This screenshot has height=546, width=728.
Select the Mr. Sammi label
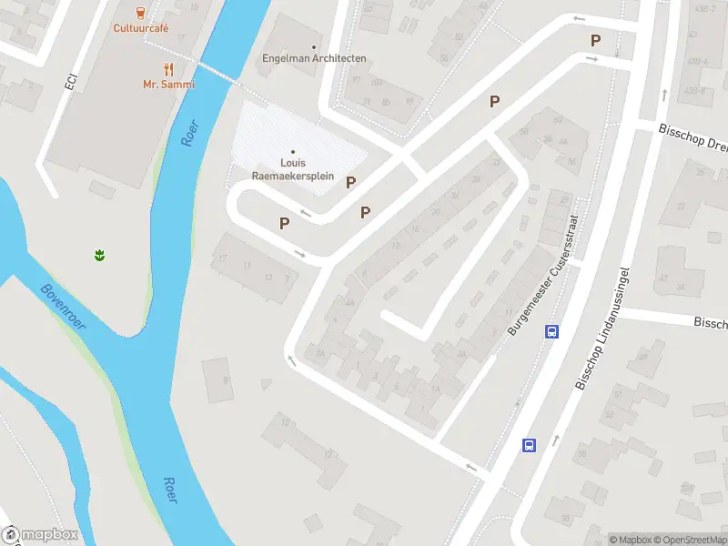tap(168, 85)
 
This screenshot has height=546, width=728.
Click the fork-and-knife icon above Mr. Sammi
tap(168, 69)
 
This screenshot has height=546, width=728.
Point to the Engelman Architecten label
tap(314, 58)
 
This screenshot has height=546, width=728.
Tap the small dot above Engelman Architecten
tap(315, 46)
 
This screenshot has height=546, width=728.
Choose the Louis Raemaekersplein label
tap(293, 169)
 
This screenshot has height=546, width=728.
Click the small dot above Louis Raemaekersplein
tap(293, 151)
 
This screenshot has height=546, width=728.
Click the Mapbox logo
tap(40, 535)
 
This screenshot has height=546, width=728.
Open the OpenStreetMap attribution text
tap(690, 540)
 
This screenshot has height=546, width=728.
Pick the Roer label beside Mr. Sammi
tap(188, 132)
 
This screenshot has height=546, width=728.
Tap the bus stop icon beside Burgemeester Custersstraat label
tap(551, 331)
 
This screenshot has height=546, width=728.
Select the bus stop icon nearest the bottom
tap(529, 445)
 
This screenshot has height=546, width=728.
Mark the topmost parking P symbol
tap(596, 41)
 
